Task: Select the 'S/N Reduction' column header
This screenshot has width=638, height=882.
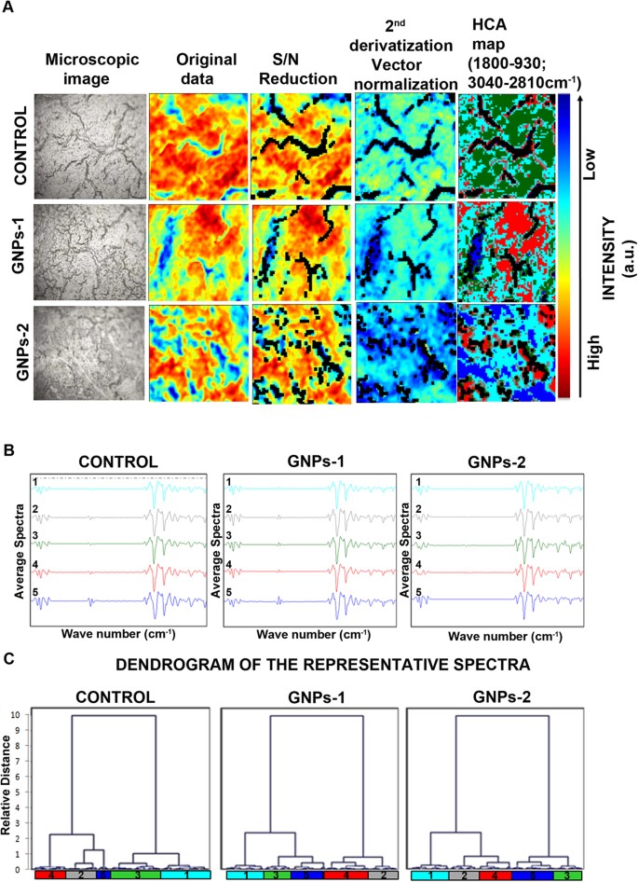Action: pos(294,69)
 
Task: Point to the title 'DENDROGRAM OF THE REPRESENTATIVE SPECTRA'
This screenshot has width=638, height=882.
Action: pos(317,668)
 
